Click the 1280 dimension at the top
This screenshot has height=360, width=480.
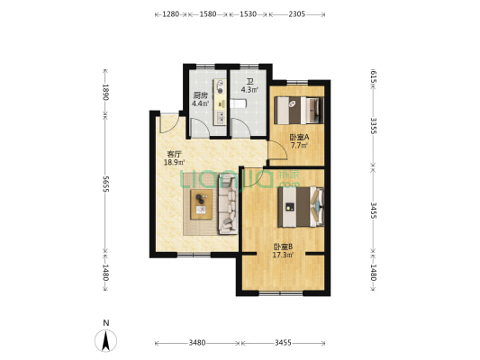[x=170, y=14]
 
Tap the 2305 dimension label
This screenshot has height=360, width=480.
[x=296, y=14]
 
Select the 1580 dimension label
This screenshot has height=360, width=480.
[x=208, y=14]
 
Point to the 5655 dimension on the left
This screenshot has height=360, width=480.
[x=105, y=184]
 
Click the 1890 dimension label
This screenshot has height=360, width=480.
[x=105, y=92]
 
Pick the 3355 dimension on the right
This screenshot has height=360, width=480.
[x=373, y=126]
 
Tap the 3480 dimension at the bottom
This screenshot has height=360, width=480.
[x=197, y=343]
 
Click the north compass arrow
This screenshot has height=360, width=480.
[x=105, y=341]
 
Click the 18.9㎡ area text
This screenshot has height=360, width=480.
[x=174, y=162]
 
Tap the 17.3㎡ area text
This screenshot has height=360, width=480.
[x=283, y=255]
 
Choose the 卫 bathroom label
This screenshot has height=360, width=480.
[x=250, y=82]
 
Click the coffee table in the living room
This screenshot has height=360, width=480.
[x=201, y=204]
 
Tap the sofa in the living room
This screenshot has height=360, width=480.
[x=228, y=204]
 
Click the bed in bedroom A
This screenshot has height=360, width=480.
[x=298, y=110]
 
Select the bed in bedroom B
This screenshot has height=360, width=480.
[x=301, y=207]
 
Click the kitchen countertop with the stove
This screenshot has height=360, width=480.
[x=220, y=102]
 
